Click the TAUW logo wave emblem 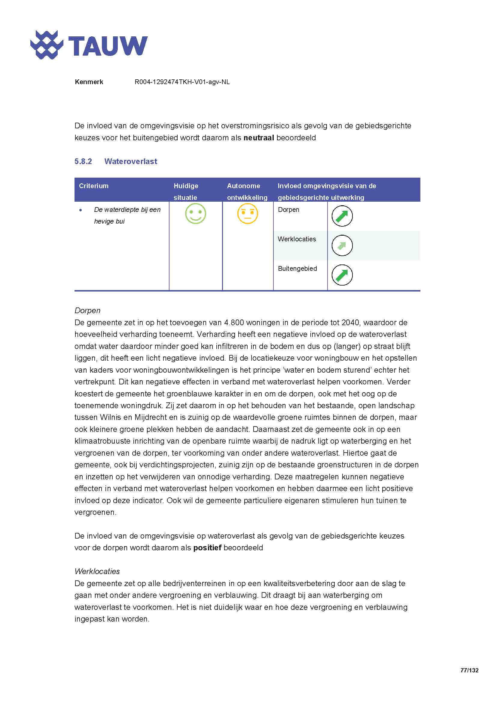click(x=47, y=45)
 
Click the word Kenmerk click(x=89, y=82)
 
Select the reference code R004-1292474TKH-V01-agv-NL click(x=182, y=82)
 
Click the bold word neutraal click(x=258, y=138)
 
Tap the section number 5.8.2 click(x=83, y=161)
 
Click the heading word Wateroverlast click(x=131, y=161)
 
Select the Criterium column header click(x=94, y=186)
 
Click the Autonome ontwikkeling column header click(x=247, y=191)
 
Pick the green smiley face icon click(x=196, y=213)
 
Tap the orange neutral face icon click(x=247, y=213)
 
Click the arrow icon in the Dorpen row click(x=342, y=216)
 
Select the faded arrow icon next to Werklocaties click(x=342, y=245)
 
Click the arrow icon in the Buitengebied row click(x=342, y=275)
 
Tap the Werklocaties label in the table click(x=297, y=239)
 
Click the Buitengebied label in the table click(x=297, y=268)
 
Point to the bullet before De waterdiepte click(x=81, y=210)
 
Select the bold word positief click(x=207, y=548)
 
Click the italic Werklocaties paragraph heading click(x=97, y=571)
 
